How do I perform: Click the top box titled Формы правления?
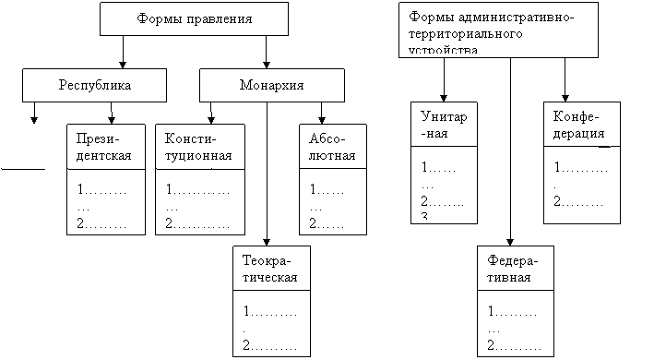tap(194, 18)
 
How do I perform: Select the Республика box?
tap(94, 85)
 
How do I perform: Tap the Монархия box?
tap(272, 85)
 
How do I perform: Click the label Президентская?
tap(103, 147)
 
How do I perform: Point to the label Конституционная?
tap(198, 147)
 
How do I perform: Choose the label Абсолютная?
tap(332, 147)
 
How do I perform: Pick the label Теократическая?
tap(270, 269)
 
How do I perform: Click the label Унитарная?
tap(444, 125)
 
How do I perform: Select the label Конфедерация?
tap(578, 125)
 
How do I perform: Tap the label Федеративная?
tap(513, 269)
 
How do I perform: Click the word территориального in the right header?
tap(466, 34)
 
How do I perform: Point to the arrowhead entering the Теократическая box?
tap(267, 243)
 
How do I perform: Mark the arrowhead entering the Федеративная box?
tap(510, 243)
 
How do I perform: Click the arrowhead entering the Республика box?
tap(123, 65)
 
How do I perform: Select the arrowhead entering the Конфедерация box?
tap(565, 99)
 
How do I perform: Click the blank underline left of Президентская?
tap(23, 169)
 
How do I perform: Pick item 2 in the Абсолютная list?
tap(327, 223)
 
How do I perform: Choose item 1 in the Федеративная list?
tap(513, 311)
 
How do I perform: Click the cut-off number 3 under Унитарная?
tap(424, 216)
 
